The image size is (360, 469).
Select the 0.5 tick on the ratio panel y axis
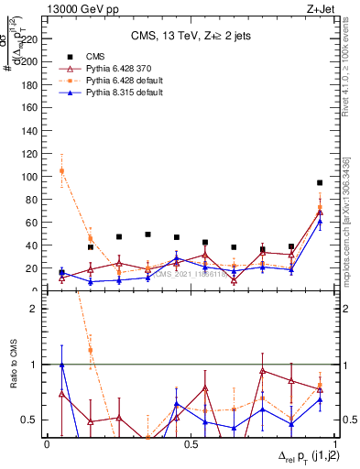[30, 420]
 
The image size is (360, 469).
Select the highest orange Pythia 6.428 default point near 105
[61, 170]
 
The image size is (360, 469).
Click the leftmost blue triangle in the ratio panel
[61, 365]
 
